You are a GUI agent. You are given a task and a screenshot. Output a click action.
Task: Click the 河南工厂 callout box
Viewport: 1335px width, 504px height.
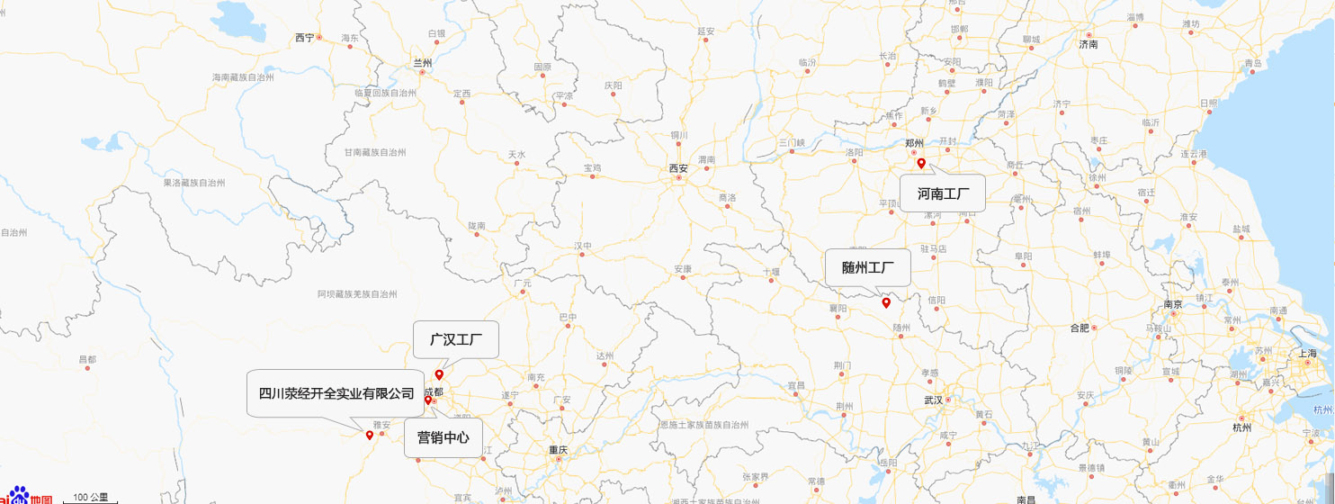pos(943,193)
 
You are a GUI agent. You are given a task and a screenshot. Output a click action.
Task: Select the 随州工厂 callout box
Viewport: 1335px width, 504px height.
pos(868,267)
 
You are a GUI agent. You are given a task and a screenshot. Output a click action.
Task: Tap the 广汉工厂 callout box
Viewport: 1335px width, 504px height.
pos(456,340)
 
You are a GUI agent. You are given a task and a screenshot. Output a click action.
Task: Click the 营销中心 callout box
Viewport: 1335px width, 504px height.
pos(443,438)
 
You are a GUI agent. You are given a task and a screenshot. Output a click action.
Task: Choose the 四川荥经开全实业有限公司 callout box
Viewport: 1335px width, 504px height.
pos(336,393)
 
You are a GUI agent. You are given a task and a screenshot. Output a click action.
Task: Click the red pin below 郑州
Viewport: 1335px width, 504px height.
pos(921,163)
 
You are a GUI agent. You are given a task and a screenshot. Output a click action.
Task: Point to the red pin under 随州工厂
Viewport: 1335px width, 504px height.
pos(886,302)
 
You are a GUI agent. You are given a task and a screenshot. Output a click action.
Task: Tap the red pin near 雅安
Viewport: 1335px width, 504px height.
pos(369,436)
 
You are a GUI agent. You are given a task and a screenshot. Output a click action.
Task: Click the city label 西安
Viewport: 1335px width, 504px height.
pos(677,168)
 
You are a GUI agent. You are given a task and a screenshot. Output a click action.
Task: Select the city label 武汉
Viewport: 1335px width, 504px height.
pos(931,400)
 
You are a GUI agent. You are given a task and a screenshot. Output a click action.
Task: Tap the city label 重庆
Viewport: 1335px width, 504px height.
pos(559,449)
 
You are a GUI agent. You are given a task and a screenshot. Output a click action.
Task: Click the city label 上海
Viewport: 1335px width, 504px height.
pos(1307,354)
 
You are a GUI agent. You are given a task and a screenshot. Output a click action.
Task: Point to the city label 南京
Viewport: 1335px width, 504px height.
pos(1172,304)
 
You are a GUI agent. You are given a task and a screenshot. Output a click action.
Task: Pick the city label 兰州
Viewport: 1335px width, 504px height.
pos(422,63)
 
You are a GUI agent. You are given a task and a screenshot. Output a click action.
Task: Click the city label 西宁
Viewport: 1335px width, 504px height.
pos(305,38)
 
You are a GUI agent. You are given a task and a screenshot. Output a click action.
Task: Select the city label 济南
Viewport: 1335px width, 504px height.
pos(1089,44)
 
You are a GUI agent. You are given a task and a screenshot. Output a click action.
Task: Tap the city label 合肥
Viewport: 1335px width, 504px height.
pos(1080,328)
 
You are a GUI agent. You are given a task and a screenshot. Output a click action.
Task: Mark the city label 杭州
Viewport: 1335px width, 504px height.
pos(1241,427)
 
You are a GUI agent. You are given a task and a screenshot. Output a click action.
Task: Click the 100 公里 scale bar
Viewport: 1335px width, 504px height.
pos(90,498)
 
